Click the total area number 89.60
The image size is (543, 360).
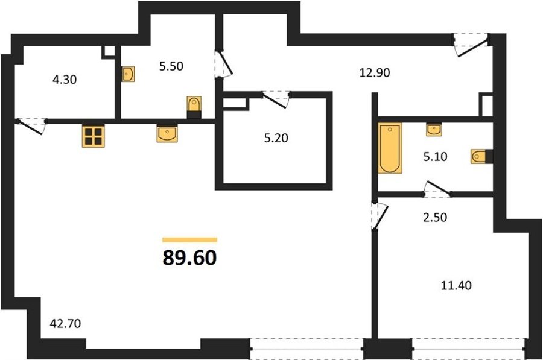tap(189, 258)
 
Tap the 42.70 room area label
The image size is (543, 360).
tap(65, 324)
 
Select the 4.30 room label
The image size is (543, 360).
tap(65, 80)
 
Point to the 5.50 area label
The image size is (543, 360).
tap(171, 66)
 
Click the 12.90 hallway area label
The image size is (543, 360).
tap(374, 73)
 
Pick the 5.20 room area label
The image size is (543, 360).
tap(276, 138)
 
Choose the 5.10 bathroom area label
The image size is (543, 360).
tap(435, 157)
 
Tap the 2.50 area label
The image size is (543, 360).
tap(435, 217)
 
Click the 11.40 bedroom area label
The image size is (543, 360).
tap(457, 286)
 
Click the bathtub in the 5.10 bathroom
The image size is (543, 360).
tap(390, 148)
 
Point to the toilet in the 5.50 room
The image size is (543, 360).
tap(194, 107)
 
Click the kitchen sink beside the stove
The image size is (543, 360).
tap(167, 134)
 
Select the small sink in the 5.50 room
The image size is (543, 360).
tap(128, 74)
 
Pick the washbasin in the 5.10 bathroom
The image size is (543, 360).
tap(434, 130)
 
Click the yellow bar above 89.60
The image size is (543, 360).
tap(190, 240)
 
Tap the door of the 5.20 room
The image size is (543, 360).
tap(276, 99)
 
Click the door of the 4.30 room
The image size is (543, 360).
tap(31, 127)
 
